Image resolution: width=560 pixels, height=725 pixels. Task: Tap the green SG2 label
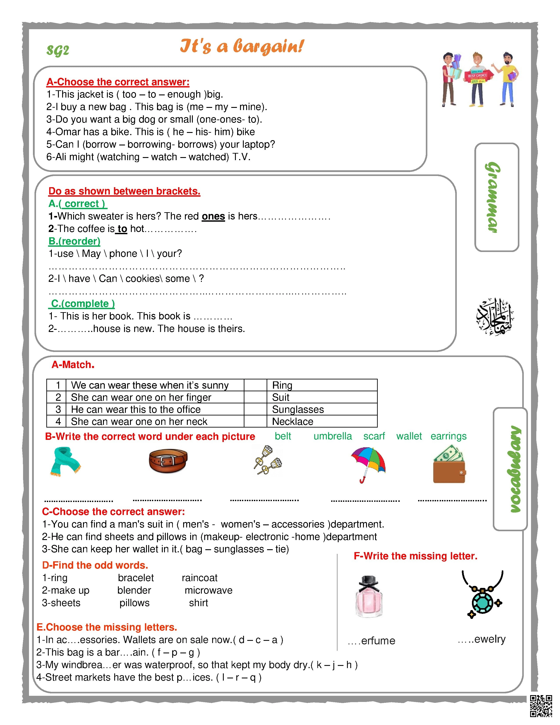[x=58, y=51]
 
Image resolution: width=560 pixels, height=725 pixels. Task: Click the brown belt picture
[x=168, y=460]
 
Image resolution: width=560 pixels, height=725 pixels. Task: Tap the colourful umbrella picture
[x=368, y=463]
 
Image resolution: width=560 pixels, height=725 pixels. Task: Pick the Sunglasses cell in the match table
[x=322, y=409]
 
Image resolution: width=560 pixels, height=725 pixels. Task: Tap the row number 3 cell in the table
[x=58, y=409]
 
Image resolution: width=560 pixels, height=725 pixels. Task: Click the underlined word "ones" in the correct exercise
[x=213, y=216]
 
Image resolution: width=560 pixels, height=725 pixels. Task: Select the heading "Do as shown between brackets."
[x=124, y=191]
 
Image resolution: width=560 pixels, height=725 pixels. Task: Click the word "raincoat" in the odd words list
[x=199, y=578]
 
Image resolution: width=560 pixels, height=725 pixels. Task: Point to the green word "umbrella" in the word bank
[x=332, y=436]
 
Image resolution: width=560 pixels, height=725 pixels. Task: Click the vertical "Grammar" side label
[x=496, y=197]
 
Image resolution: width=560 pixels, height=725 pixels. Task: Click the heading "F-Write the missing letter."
[x=415, y=556]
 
